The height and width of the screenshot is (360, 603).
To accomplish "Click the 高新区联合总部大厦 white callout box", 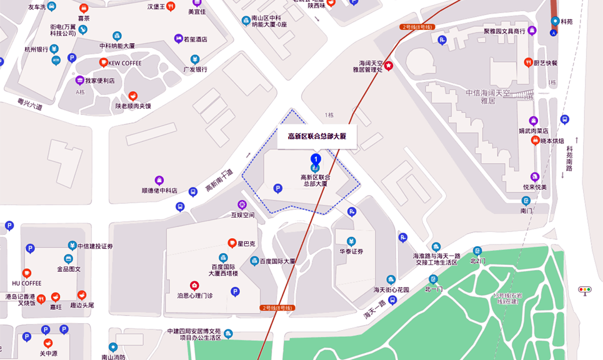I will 317,136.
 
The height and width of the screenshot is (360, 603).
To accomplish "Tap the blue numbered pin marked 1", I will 316,159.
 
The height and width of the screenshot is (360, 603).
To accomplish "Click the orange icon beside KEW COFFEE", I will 104,62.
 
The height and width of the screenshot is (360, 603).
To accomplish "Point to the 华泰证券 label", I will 351,252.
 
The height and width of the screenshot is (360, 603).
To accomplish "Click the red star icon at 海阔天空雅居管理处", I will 389,66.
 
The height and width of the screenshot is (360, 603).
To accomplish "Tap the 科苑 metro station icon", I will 555,21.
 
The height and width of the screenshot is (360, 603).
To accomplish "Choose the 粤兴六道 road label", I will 29,102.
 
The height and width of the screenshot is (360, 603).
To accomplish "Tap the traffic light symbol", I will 585,290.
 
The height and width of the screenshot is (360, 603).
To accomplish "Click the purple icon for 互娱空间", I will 242,204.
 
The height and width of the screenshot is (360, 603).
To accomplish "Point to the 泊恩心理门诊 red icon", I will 194,285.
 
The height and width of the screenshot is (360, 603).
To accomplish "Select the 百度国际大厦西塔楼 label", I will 223,269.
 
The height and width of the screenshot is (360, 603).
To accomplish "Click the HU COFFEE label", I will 26,283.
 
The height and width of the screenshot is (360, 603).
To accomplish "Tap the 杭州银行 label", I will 36,49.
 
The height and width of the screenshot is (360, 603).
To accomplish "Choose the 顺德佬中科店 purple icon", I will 159,180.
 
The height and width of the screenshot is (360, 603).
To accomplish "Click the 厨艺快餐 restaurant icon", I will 529,62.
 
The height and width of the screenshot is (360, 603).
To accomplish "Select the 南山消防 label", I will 113,357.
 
